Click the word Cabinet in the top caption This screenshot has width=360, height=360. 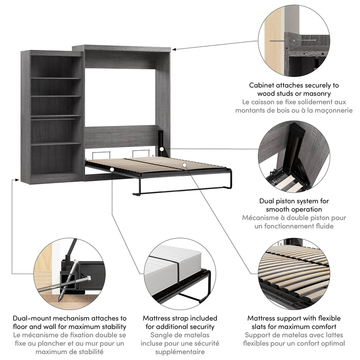click(x=264, y=85)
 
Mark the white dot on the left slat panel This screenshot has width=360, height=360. click(x=111, y=169)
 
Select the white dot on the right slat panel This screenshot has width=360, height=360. click(x=184, y=166)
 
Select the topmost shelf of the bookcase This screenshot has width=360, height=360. click(x=56, y=78)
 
